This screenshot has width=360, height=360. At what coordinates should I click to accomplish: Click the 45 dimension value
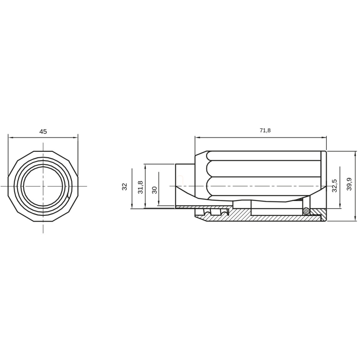[43, 132]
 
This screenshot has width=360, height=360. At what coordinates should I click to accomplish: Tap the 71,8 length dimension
[265, 130]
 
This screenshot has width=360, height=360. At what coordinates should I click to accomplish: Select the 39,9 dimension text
[349, 184]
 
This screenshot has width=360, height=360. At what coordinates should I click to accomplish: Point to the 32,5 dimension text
[335, 185]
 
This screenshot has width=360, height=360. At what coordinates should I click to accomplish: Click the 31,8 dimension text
[140, 187]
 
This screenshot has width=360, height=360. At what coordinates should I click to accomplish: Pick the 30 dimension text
[155, 190]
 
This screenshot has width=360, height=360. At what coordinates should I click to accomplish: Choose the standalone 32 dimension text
[124, 186]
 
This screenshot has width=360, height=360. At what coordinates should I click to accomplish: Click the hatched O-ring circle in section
[306, 210]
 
